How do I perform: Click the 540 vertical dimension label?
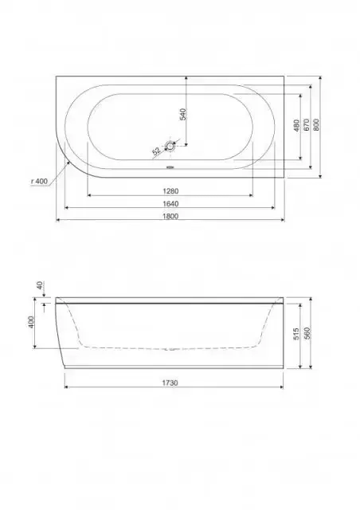(182, 113)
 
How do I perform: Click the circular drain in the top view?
(170, 146)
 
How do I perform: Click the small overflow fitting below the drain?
(170, 167)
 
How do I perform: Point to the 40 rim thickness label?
(38, 285)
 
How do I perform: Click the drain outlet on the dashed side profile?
(170, 349)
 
